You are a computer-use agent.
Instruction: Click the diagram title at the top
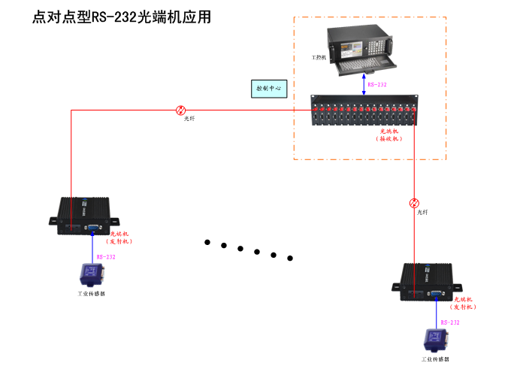coord(120,17)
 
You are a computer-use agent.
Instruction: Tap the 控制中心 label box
coord(268,89)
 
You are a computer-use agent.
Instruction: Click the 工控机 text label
coord(319,57)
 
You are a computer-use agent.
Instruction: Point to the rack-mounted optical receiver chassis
coord(364,110)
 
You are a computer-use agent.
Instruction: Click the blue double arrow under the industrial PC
coord(364,84)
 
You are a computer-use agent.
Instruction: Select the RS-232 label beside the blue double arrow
coord(377,85)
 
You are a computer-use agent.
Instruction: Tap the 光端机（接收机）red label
coord(388,135)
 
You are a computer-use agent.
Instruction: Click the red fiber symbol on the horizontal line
coord(181,110)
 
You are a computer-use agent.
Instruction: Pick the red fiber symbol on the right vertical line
coord(414,203)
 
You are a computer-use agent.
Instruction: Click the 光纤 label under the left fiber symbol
coord(189,119)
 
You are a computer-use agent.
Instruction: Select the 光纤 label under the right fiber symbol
coord(423,213)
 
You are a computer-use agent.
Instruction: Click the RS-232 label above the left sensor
coord(106,257)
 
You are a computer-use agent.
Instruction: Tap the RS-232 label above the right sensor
coord(450,322)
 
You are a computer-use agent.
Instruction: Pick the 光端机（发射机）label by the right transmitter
coord(464,304)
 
